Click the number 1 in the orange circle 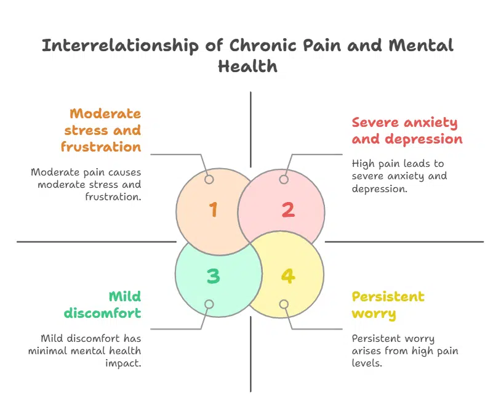click(213, 210)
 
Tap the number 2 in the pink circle click(287, 210)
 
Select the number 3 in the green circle click(213, 276)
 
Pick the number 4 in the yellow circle click(287, 276)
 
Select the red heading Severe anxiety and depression click(406, 131)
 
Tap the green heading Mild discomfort click(103, 305)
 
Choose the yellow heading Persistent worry click(388, 305)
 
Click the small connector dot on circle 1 click(209, 180)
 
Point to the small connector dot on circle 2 click(284, 180)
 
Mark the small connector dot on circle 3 click(209, 304)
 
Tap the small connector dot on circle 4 click(284, 304)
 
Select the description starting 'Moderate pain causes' click(86, 184)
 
